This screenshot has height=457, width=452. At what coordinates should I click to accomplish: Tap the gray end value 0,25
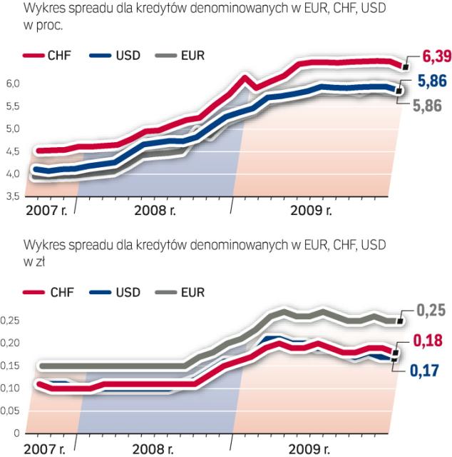(x=430, y=312)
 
